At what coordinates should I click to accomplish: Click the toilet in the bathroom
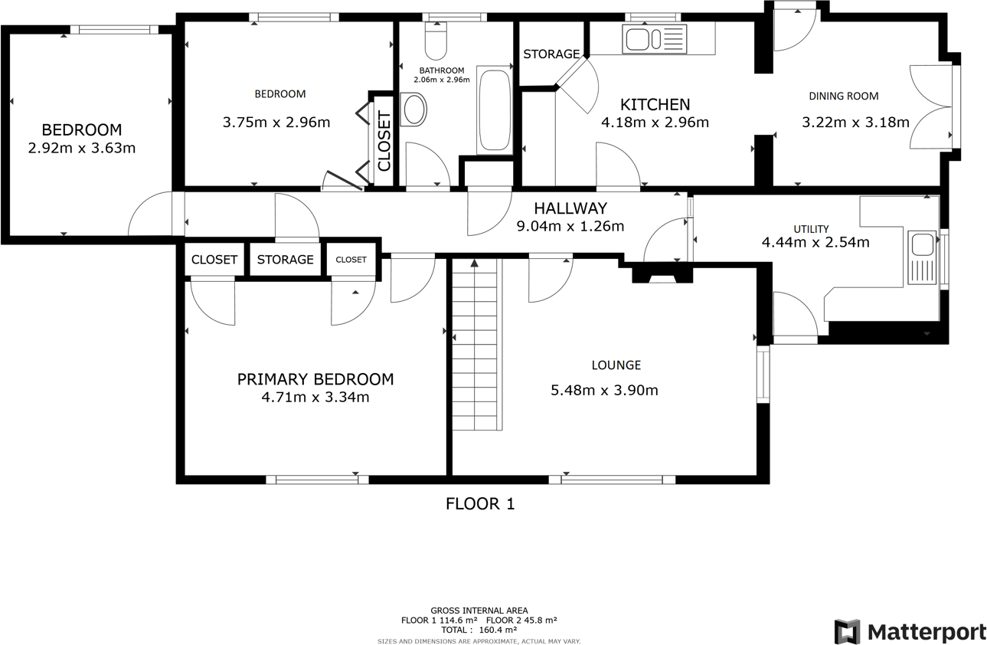click(436, 42)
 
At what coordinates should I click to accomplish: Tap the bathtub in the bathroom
click(494, 110)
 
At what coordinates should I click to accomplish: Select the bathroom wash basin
click(414, 110)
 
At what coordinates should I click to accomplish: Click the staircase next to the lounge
click(476, 345)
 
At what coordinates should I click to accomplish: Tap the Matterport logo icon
click(846, 632)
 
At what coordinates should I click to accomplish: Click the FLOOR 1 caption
click(480, 503)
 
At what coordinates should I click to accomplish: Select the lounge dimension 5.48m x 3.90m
click(604, 391)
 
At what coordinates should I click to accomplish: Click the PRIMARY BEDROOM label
click(315, 379)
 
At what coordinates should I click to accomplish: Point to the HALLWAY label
click(570, 208)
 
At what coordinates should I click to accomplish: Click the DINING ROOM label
click(844, 97)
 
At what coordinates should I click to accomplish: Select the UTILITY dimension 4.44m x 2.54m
click(815, 243)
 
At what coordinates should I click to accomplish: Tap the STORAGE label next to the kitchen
click(551, 54)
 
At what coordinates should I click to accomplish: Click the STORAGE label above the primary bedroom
click(285, 260)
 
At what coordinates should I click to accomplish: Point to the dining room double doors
click(930, 106)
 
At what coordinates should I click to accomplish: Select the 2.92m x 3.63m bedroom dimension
click(81, 149)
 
